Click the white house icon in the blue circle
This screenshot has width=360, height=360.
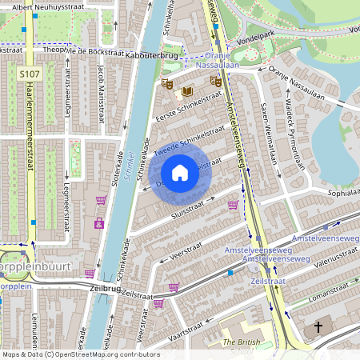tap(180, 172)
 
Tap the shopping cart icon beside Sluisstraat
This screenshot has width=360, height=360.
tap(233, 205)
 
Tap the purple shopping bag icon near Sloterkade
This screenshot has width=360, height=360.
tap(99, 223)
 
